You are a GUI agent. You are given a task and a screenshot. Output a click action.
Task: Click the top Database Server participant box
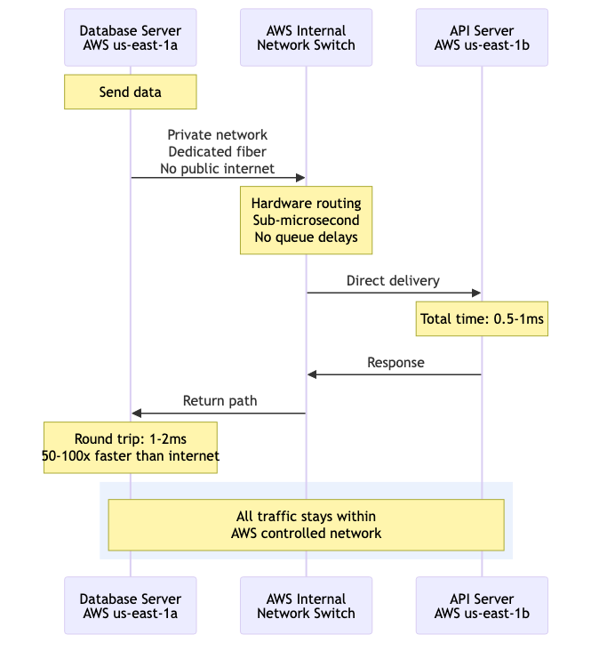pos(131,37)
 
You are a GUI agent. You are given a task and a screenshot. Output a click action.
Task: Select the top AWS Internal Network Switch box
pos(306,37)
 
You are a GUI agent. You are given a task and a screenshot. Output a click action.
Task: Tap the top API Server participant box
pos(482,37)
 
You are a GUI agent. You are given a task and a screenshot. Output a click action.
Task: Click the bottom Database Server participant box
pos(131,606)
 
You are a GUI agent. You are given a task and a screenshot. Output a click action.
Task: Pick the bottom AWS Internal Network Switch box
pos(306,606)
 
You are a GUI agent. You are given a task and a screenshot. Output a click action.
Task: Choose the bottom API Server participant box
pos(482,606)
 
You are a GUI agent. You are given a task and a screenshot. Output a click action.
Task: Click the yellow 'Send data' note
pos(131,92)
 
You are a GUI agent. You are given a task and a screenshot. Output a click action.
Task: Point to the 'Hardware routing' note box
pos(306,221)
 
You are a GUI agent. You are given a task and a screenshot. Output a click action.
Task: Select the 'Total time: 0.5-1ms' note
pos(482,319)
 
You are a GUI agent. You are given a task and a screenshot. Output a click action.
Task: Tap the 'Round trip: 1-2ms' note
pos(131,447)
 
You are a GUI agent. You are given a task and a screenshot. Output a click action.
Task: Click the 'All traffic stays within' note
pos(306,525)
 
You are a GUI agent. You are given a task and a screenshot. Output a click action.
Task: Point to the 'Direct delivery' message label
pos(393,281)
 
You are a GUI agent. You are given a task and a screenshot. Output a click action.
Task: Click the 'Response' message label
pos(395,363)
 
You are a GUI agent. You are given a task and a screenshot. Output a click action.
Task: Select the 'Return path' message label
pos(220,401)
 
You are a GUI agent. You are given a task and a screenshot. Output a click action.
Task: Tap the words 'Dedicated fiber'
pos(218,151)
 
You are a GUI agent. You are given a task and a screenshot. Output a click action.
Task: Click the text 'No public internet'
pos(218,168)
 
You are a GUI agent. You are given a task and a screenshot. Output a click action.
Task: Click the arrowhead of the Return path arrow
pos(136,414)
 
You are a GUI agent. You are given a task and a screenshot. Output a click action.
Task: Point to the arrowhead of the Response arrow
pos(312,374)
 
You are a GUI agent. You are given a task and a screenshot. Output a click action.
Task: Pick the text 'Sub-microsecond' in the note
pos(306,221)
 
